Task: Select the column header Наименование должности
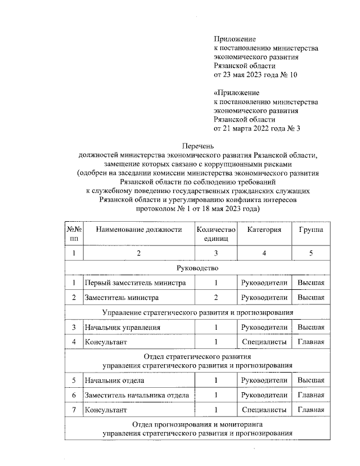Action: click(139, 230)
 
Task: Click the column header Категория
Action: click(264, 230)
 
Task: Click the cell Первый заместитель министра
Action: click(134, 282)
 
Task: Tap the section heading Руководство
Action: click(197, 267)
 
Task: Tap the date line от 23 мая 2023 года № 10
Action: click(255, 75)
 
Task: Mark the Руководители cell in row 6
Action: click(264, 395)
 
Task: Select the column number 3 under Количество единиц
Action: click(215, 253)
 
